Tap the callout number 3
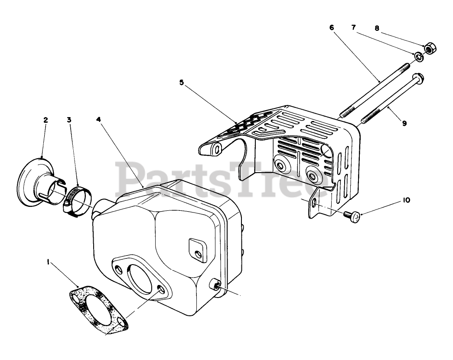coord(69,120)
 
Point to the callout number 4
coord(99,120)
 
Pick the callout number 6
coord(332,27)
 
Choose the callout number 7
coord(354,27)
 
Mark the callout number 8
coord(376,28)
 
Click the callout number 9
coord(404,123)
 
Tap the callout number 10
coord(406,200)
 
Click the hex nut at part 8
coord(429,48)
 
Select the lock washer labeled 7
coord(418,56)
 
